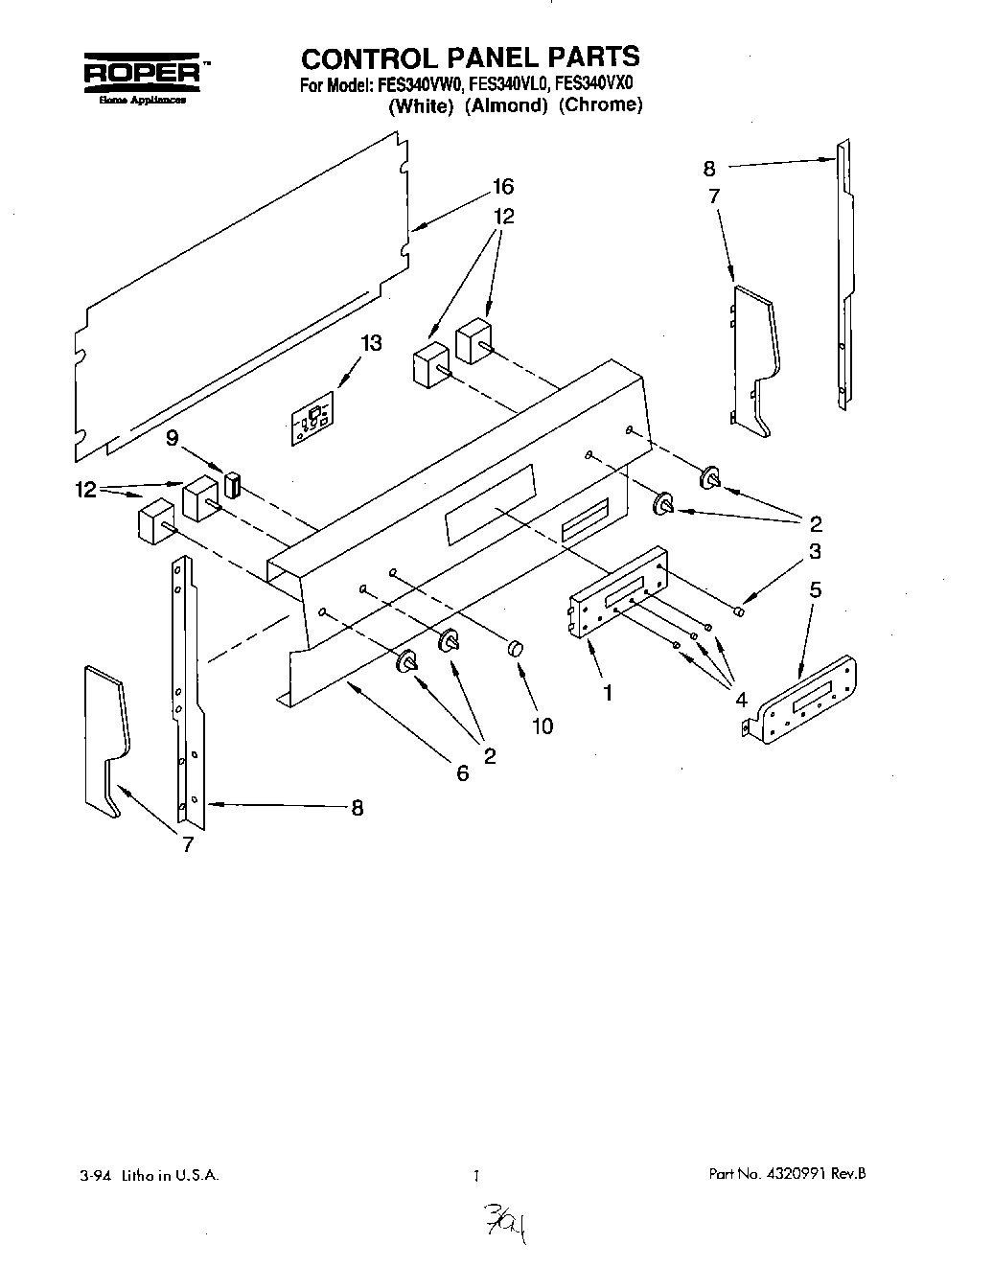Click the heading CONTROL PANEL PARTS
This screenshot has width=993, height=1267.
point(471,57)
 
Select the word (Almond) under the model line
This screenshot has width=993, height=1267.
point(505,106)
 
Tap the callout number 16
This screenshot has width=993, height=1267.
point(503,187)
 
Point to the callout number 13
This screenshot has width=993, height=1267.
point(371,343)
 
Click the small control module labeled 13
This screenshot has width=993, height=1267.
point(312,420)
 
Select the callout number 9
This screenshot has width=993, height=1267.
point(173,438)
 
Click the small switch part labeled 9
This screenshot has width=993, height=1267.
point(231,484)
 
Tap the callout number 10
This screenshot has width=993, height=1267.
point(542,726)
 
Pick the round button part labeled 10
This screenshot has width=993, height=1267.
point(516,650)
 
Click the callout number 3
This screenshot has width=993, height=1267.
point(814,551)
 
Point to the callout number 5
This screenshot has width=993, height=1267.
point(815,589)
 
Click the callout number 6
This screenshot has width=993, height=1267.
point(463,772)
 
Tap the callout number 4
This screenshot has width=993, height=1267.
point(741,701)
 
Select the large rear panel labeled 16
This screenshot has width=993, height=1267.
point(240,297)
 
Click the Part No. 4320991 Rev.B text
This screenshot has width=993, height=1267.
point(788,1173)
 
